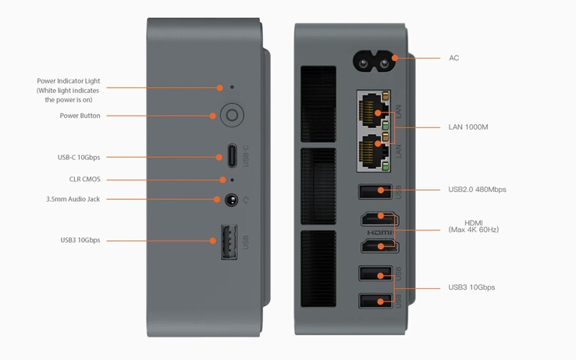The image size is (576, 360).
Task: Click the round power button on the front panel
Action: [231, 116]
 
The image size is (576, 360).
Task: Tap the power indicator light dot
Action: [232, 87]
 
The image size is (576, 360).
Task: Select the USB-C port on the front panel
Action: [232, 157]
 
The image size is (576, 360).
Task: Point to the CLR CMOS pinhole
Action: [232, 180]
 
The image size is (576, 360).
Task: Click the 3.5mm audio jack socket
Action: [231, 199]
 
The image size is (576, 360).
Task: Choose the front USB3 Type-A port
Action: [229, 241]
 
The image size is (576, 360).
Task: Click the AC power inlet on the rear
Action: [375, 58]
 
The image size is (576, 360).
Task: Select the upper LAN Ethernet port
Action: [375, 111]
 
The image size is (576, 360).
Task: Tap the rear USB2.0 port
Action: [375, 190]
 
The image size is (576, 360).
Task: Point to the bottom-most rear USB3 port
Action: [375, 301]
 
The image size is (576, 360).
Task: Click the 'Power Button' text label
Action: [80, 116]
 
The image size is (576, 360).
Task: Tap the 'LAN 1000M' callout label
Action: [468, 127]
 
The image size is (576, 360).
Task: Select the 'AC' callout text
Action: [454, 58]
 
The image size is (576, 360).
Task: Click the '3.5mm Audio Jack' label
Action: [73, 199]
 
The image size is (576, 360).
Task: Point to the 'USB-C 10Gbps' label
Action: [79, 157]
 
